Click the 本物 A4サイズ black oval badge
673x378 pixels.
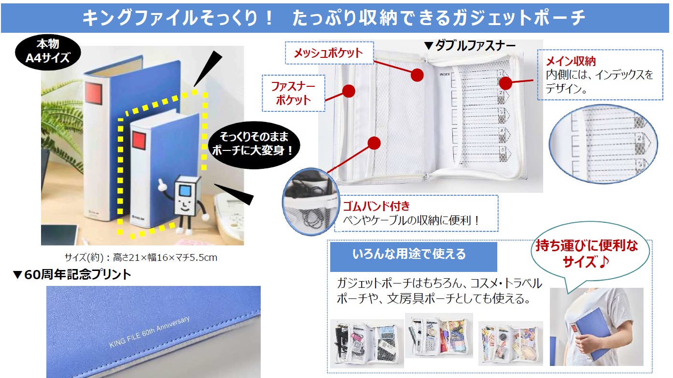point(48,52)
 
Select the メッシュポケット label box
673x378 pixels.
point(328,53)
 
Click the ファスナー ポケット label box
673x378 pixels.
point(293,93)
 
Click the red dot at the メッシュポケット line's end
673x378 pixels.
point(417,74)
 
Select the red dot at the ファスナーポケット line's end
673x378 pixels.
point(349,91)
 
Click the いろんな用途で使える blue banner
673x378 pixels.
point(413,254)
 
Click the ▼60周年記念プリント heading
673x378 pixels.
point(72,275)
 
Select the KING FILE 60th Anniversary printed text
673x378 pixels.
point(150,332)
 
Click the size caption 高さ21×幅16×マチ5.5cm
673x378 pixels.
point(140,257)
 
